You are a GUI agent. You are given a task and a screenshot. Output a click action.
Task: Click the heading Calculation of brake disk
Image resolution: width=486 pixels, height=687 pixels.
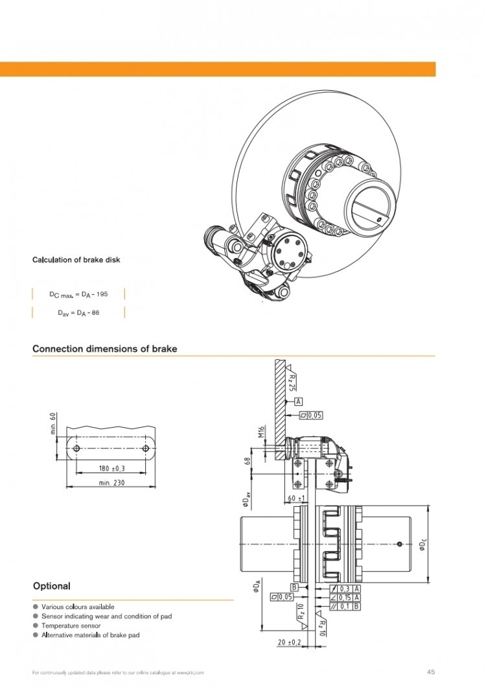[76, 260]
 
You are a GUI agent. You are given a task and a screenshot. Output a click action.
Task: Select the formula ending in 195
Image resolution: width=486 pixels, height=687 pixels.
[78, 294]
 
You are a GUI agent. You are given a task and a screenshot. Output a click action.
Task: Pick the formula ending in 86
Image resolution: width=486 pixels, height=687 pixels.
[78, 312]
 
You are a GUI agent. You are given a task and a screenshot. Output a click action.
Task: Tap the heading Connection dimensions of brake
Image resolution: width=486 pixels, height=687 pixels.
[104, 349]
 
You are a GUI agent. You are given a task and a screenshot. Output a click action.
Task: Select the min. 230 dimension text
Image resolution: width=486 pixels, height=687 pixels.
[112, 483]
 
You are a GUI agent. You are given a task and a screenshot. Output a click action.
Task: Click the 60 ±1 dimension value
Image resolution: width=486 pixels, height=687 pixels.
[297, 498]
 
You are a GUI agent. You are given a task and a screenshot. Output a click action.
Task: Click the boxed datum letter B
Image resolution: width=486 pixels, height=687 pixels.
[295, 587]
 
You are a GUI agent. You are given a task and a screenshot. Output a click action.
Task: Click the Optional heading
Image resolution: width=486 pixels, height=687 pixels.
[51, 586]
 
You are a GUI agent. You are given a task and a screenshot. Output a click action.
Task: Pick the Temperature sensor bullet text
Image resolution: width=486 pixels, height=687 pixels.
[69, 625]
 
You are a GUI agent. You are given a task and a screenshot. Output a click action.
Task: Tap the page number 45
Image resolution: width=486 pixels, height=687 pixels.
[430, 671]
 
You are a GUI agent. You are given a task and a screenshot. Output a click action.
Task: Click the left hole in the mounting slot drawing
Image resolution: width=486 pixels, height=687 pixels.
[76, 448]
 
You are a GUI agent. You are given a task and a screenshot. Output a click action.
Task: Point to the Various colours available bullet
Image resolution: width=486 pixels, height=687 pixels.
[78, 607]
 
